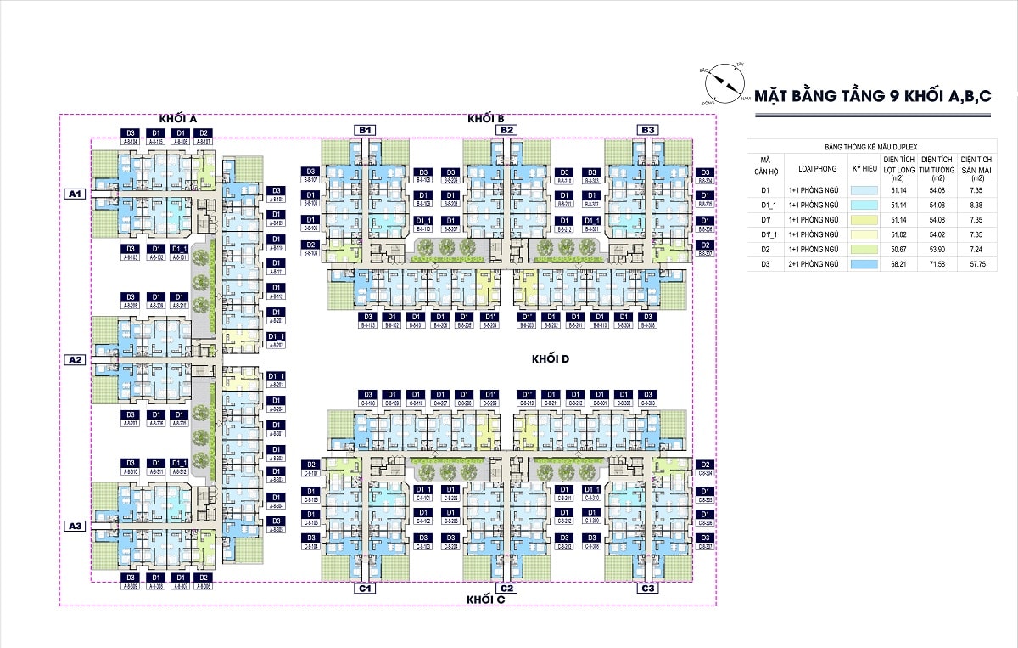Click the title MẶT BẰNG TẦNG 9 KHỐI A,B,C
point(873,95)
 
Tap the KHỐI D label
point(550,358)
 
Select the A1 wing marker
point(76,194)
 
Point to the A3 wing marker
point(76,527)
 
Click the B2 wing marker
point(506,129)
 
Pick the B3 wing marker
point(648,129)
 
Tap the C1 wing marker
point(366,589)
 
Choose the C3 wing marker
point(648,589)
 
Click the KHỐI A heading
point(178,118)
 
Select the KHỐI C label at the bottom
point(486,600)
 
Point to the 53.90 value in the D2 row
point(937,250)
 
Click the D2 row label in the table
point(764,250)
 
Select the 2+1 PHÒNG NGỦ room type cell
point(813,264)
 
